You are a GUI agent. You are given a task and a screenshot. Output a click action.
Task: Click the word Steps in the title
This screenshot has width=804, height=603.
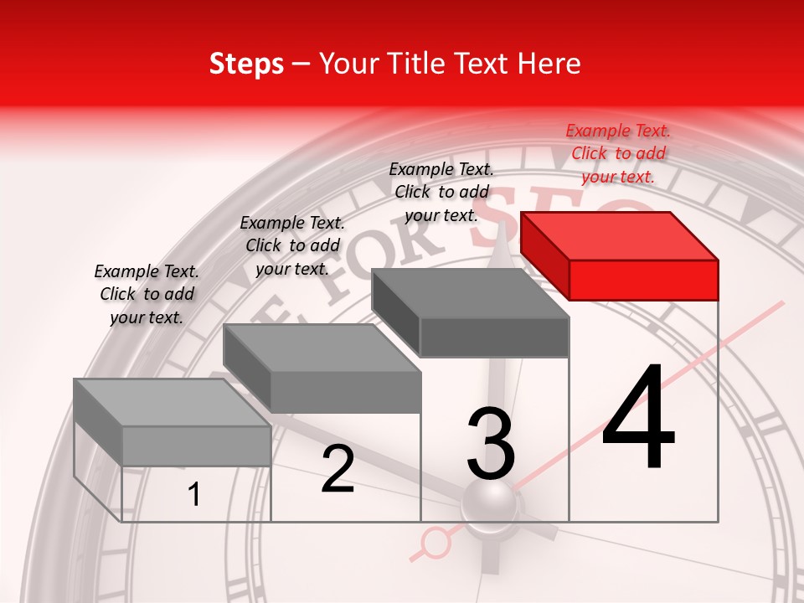(246, 64)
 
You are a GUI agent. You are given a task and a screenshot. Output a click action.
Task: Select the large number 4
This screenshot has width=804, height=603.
(638, 419)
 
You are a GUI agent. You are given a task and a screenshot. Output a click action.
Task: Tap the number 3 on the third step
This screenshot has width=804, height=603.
(491, 444)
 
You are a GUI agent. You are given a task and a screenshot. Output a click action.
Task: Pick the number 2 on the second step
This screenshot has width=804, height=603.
(338, 469)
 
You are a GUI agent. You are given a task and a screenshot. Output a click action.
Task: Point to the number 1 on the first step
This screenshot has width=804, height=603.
(194, 495)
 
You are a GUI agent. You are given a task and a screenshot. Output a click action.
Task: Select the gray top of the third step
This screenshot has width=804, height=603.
(469, 293)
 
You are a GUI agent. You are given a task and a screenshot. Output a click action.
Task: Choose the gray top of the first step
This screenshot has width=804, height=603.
(172, 403)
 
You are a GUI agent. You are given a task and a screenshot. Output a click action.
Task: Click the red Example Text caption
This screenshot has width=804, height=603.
(618, 153)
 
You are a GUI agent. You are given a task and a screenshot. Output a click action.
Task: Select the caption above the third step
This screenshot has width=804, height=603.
(441, 192)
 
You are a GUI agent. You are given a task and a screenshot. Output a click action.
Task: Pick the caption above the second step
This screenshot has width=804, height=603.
(292, 245)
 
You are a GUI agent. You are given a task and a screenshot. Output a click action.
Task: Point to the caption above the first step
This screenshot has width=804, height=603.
(147, 294)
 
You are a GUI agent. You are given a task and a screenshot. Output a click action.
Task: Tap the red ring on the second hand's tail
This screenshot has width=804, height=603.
(435, 543)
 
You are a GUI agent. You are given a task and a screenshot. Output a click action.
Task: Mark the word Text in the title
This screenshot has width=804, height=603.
(487, 64)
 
